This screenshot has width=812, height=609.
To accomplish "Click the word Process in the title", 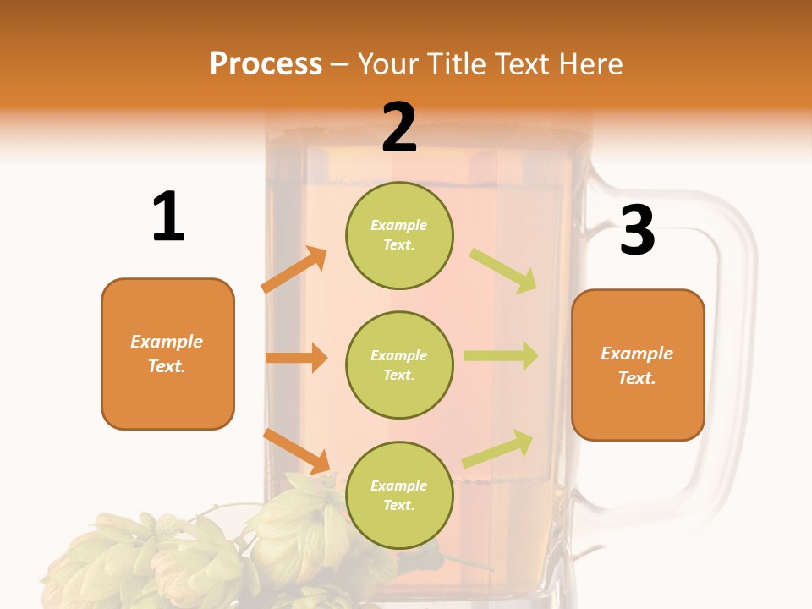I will pyautogui.click(x=266, y=64).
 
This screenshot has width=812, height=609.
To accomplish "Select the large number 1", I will pyautogui.click(x=168, y=217).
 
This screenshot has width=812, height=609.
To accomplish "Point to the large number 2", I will pyautogui.click(x=399, y=127).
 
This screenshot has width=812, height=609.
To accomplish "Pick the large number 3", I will pyautogui.click(x=637, y=230).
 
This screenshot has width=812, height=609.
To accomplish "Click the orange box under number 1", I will pyautogui.click(x=167, y=354).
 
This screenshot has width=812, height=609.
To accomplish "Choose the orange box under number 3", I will pyautogui.click(x=638, y=365).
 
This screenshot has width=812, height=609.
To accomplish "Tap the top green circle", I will pyautogui.click(x=399, y=235).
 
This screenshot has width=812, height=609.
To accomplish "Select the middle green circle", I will pyautogui.click(x=399, y=365).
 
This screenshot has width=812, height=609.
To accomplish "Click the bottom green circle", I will pyautogui.click(x=399, y=495).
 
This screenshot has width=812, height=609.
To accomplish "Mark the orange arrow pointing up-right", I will pyautogui.click(x=294, y=269).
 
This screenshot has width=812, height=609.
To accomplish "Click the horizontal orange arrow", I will pyautogui.click(x=296, y=358).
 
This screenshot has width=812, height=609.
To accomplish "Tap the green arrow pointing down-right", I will pyautogui.click(x=504, y=270).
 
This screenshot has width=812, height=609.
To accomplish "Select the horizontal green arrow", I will pyautogui.click(x=501, y=356).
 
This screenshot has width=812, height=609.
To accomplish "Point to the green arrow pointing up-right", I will pyautogui.click(x=498, y=447).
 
